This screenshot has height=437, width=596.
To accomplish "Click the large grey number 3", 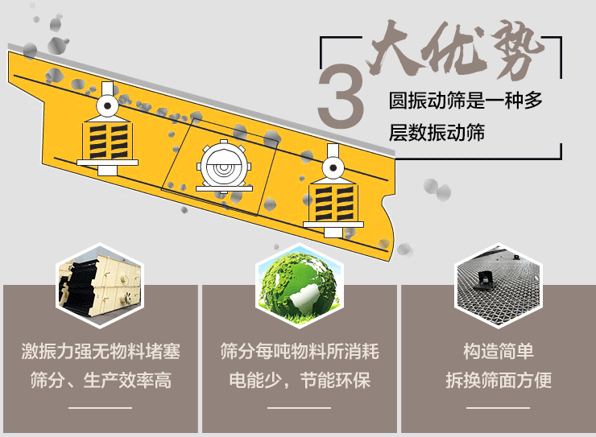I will click(341, 97).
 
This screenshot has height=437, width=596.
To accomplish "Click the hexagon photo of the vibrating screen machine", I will click(99, 282).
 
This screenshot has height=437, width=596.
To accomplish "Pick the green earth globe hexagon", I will click(298, 282).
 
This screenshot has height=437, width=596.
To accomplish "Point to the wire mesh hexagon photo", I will click(497, 282).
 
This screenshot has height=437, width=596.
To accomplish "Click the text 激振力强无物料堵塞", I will click(101, 352).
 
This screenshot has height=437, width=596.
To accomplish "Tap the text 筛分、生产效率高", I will click(101, 380).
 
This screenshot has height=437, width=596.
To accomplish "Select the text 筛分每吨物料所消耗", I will click(299, 352).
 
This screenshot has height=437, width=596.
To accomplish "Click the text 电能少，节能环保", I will click(299, 380).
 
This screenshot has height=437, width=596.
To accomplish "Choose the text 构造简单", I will click(498, 352).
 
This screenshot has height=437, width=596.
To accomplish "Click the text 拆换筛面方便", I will click(498, 380).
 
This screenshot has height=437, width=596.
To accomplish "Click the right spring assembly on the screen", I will click(332, 201).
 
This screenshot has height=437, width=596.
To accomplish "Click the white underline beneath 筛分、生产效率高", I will click(101, 408).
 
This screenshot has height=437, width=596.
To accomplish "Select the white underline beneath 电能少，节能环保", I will click(299, 408).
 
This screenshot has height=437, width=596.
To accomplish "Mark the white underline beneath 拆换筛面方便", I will click(498, 408).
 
